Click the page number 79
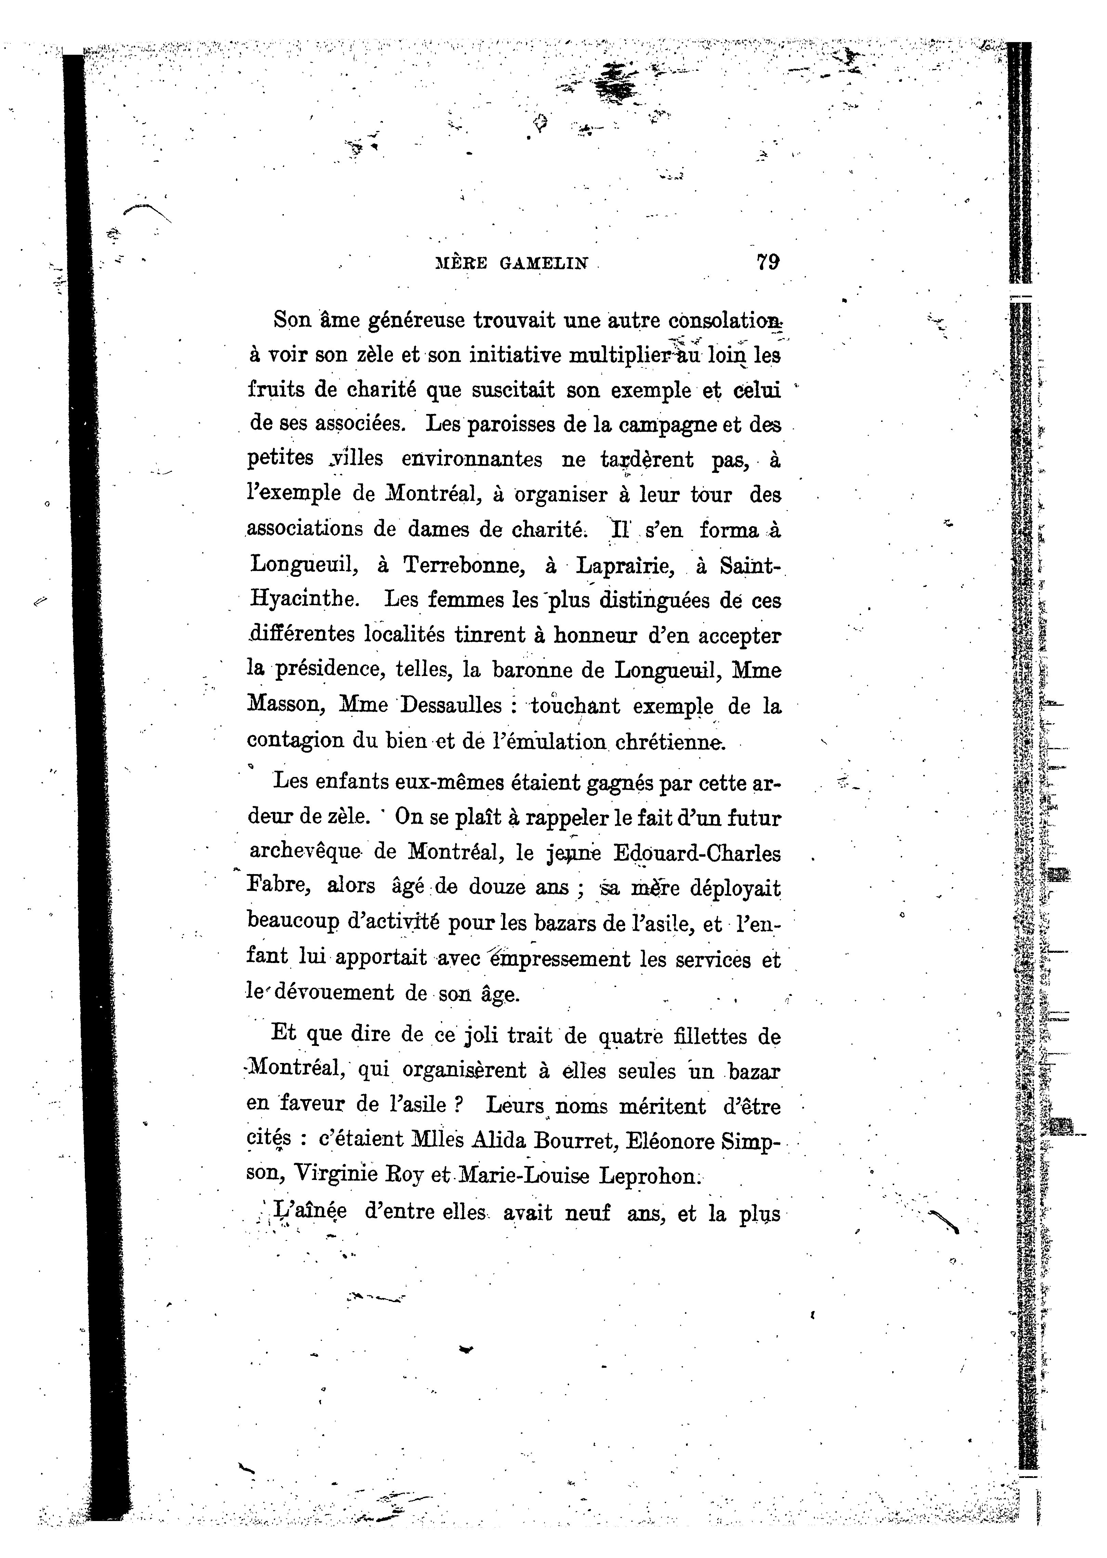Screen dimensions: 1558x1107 click(x=767, y=262)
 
